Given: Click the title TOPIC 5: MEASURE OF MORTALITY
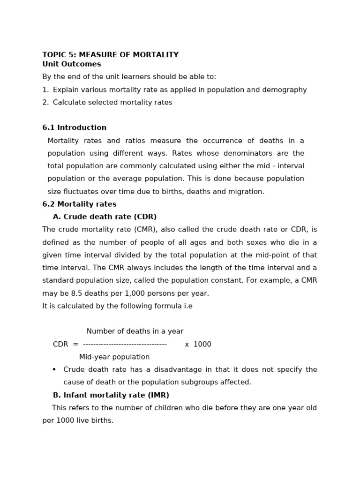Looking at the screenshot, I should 110,55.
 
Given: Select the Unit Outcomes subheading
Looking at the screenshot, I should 71,64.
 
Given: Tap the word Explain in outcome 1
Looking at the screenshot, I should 66,90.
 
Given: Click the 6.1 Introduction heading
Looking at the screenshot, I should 74,127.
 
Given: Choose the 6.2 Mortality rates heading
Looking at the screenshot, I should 79,204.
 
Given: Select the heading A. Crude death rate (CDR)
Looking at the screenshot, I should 105,217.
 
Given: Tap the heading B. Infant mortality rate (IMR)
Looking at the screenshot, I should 111,395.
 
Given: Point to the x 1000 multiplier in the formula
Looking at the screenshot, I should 198,345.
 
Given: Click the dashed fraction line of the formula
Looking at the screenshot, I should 125,345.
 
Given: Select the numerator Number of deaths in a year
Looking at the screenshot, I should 135,331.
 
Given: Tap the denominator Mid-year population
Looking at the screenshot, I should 114,357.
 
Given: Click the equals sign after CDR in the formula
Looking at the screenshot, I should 75,345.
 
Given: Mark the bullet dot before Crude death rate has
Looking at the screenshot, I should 54,369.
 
